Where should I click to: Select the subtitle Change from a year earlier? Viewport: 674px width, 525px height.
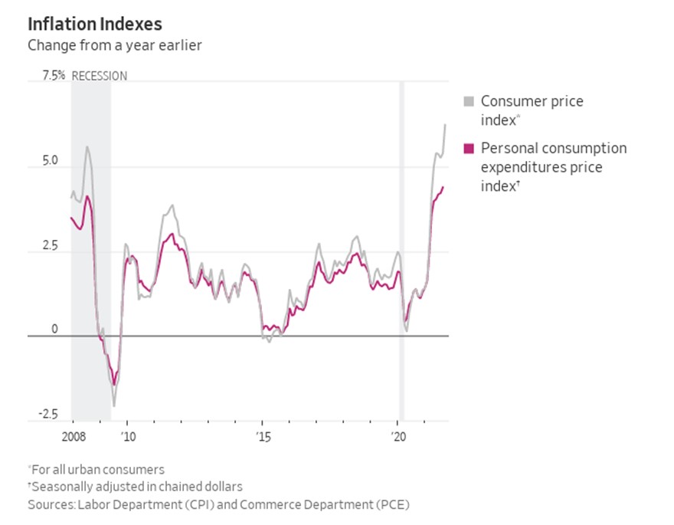pos(114,45)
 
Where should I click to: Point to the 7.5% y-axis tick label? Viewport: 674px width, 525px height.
pos(54,75)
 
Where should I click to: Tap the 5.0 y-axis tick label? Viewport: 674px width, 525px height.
pos(51,162)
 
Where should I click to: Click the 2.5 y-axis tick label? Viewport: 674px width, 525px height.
pos(51,246)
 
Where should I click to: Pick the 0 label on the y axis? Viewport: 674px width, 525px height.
pos(54,330)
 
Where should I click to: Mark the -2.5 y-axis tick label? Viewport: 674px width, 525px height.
pos(48,415)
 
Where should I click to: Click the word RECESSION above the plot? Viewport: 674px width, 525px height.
pos(100,76)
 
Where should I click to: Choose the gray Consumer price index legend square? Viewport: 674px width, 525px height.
pos(469,101)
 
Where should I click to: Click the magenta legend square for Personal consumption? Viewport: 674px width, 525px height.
pos(469,148)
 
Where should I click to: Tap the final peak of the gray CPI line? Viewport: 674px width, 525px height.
pos(445,124)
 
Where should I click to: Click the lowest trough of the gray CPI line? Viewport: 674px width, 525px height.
pos(114,405)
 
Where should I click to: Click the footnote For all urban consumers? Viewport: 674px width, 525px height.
pos(98,469)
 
